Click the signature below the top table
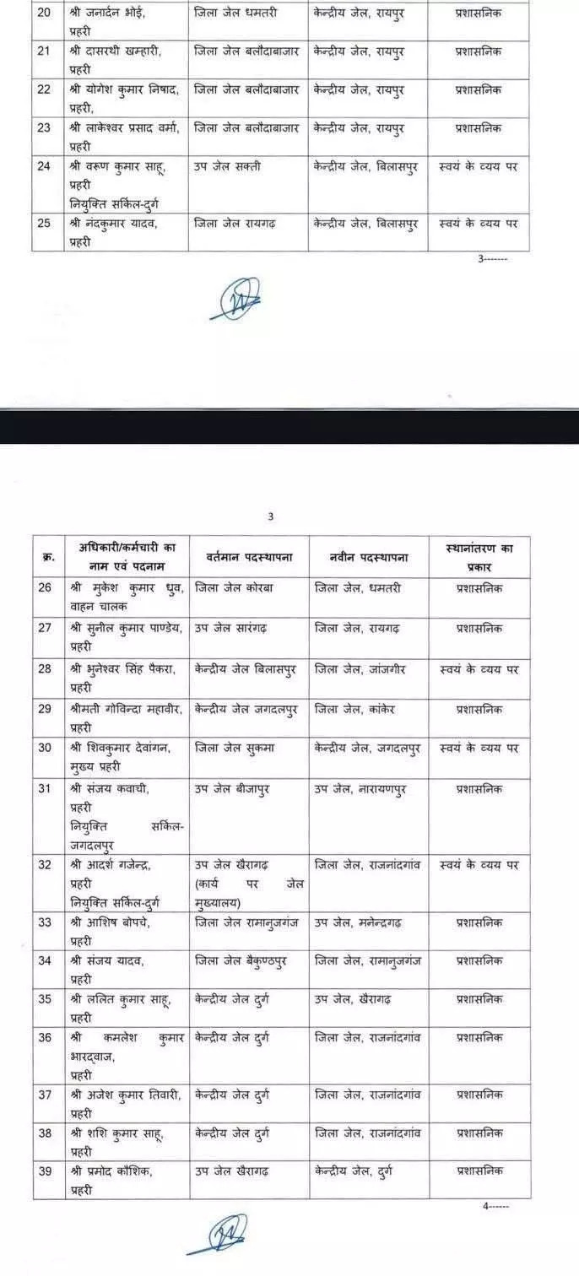coord(235,299)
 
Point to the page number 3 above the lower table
coord(271,516)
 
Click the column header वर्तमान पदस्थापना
coord(248,558)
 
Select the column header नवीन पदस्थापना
coord(370,558)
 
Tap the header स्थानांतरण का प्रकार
coord(479,557)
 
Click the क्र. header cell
coord(48,558)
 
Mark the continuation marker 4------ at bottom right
coord(495,1206)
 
